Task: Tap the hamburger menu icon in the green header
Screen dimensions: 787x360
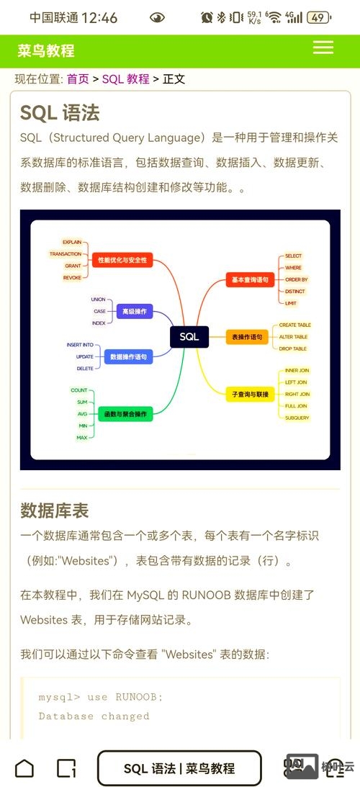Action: click(x=323, y=48)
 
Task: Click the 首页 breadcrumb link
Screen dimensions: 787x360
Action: click(x=78, y=78)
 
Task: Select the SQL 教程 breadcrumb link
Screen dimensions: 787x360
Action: click(x=125, y=78)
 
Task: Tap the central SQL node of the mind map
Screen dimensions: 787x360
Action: click(x=189, y=336)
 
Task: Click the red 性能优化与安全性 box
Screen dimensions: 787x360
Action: click(x=122, y=259)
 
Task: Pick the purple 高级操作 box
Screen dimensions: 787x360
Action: click(x=134, y=311)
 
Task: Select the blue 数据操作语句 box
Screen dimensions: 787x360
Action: click(x=128, y=356)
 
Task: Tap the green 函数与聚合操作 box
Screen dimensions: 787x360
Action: click(x=126, y=413)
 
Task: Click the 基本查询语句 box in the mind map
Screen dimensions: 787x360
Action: click(x=250, y=279)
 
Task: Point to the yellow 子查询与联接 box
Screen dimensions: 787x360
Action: click(x=250, y=395)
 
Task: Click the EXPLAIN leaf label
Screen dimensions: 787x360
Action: click(x=72, y=242)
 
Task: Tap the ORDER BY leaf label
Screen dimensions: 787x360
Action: click(x=296, y=279)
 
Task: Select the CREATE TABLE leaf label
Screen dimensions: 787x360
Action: click(x=294, y=325)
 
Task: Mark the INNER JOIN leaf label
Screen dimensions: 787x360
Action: click(x=297, y=371)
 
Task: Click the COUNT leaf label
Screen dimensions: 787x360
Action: click(x=79, y=390)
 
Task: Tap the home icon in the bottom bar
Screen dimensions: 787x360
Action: click(x=24, y=768)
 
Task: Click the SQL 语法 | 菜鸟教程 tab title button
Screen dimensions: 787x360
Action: click(x=179, y=768)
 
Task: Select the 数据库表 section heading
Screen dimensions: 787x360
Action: click(x=55, y=511)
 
